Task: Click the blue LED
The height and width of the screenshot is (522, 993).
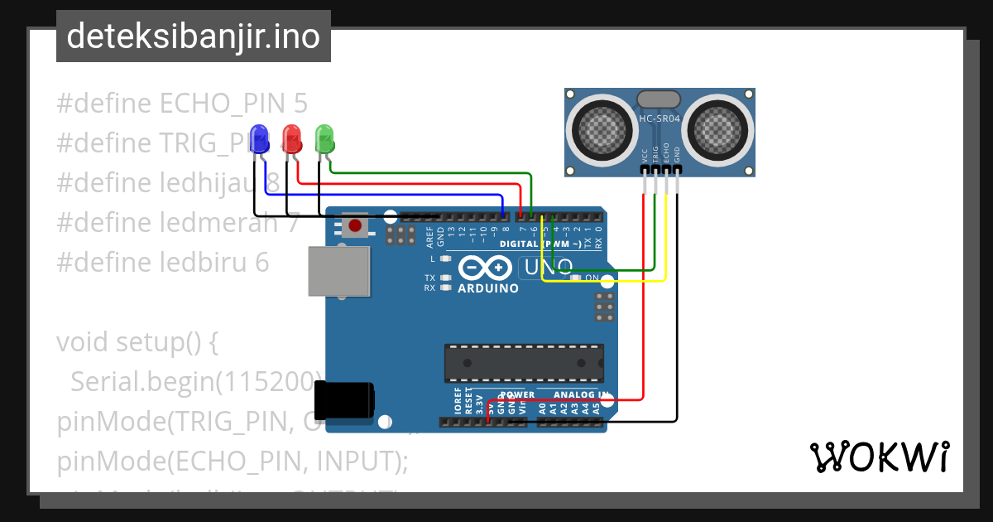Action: click(x=259, y=138)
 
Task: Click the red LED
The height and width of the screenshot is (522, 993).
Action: click(x=291, y=137)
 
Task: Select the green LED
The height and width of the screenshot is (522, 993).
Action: click(x=324, y=137)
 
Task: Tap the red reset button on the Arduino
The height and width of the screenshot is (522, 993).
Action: click(x=356, y=225)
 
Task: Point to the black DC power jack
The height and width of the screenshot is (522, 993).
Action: click(x=347, y=400)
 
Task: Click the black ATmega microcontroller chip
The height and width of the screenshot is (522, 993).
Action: click(x=524, y=362)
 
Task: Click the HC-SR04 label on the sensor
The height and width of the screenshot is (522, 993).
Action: click(x=659, y=118)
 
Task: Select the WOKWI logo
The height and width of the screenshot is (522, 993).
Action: click(x=879, y=457)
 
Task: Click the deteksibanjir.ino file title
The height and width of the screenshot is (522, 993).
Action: click(x=193, y=36)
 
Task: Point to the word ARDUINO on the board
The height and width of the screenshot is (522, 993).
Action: click(x=488, y=288)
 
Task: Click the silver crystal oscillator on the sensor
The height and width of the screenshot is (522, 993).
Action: click(x=659, y=99)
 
